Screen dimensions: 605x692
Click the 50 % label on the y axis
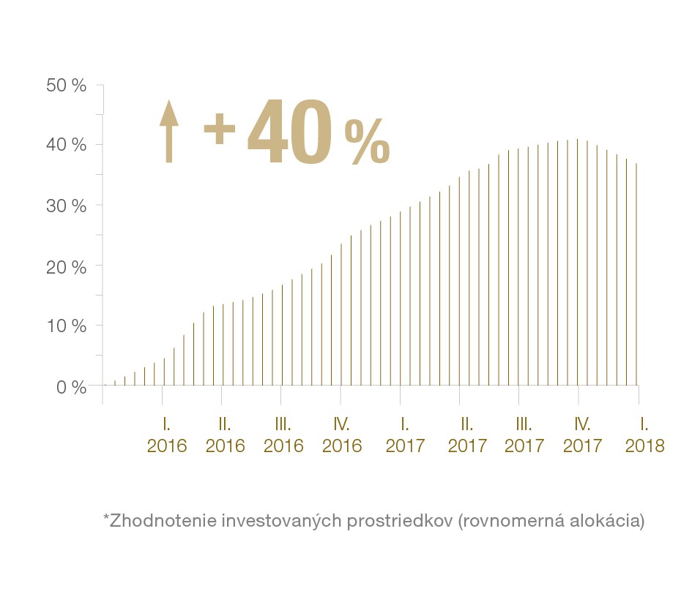[x=66, y=86]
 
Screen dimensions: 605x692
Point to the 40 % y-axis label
[x=66, y=146]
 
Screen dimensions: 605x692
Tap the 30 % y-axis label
[x=66, y=206]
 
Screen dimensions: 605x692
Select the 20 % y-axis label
[x=66, y=266]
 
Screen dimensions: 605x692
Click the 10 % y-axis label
[x=66, y=326]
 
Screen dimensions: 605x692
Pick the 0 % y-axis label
[x=71, y=386]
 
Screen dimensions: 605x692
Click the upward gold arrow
[x=169, y=131]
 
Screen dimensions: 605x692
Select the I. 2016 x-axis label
[x=167, y=435]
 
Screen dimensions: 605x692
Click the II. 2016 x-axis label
[x=226, y=435]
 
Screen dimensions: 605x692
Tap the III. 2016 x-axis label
[x=283, y=435]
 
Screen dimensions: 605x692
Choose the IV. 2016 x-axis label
[x=342, y=435]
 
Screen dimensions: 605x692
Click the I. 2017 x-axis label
[x=405, y=435]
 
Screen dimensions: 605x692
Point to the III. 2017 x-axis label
[x=524, y=435]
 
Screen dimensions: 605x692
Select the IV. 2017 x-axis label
[x=583, y=435]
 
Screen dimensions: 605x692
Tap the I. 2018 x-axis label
[x=645, y=435]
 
